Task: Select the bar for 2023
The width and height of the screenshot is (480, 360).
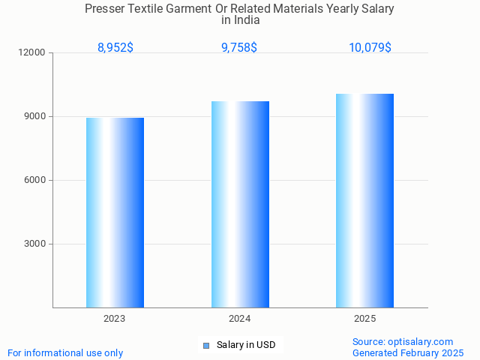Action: (x=115, y=212)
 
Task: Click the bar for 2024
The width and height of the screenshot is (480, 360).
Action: (x=240, y=204)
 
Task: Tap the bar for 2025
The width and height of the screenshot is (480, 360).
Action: (x=364, y=200)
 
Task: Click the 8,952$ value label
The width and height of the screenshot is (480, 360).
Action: (x=115, y=48)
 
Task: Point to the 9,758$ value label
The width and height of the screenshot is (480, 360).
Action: (x=239, y=48)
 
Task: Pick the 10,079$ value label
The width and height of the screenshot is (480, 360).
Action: (x=370, y=48)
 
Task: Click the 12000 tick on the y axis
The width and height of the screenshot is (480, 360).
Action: (x=32, y=53)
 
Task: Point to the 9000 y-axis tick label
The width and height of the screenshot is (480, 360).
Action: (x=34, y=117)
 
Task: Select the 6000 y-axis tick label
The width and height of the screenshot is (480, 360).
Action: (x=34, y=181)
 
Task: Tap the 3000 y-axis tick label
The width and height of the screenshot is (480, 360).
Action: (x=34, y=244)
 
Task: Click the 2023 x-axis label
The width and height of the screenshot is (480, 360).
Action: (x=115, y=319)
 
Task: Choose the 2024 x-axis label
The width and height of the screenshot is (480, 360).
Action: (x=240, y=319)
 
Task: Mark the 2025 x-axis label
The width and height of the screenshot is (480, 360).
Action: (x=364, y=319)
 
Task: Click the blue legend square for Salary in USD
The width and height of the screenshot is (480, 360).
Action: (x=206, y=346)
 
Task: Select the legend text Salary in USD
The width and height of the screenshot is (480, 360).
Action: (x=246, y=345)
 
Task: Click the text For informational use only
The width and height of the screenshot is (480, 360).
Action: (x=65, y=352)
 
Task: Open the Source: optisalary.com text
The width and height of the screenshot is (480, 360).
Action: (x=403, y=341)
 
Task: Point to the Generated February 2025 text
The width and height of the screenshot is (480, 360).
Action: (x=408, y=352)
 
